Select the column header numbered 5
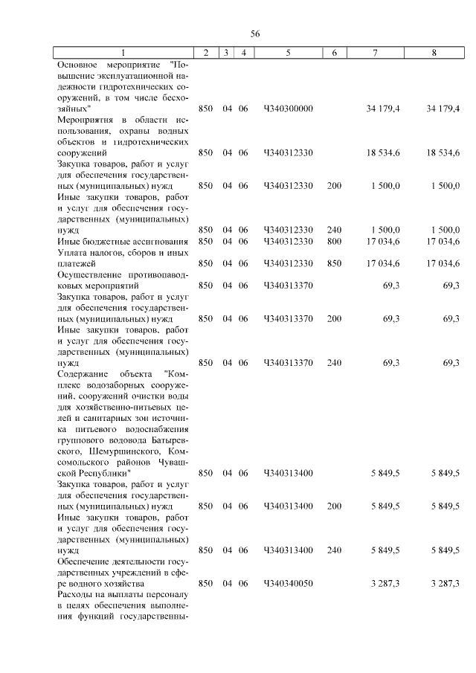coord(287,53)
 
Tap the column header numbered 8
coord(434,53)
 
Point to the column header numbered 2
coord(205,53)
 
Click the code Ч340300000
coord(288,109)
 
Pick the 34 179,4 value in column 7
coord(384,109)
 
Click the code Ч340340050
coord(288,583)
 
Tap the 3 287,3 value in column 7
coord(386,583)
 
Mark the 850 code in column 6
coord(334,263)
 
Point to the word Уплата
coord(72,252)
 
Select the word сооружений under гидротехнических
coord(82,152)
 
